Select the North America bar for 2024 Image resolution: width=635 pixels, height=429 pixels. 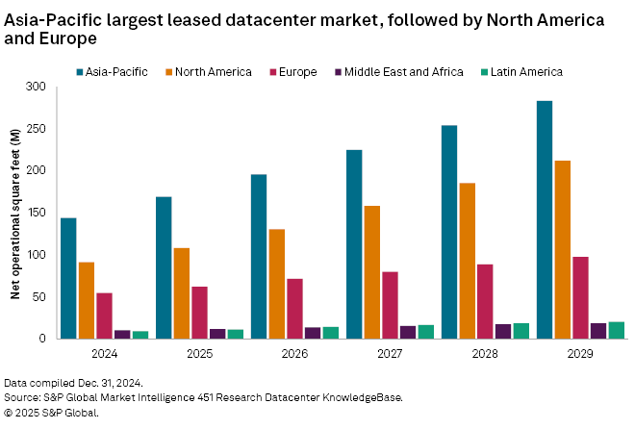87,300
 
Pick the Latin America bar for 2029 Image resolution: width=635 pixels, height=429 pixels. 617,330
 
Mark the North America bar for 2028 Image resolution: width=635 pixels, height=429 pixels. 468,261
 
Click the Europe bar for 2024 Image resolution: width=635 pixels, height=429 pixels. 104,315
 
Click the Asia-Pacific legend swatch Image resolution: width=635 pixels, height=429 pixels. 81,71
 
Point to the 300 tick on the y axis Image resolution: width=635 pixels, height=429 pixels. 37,87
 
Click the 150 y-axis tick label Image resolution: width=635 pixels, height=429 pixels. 37,213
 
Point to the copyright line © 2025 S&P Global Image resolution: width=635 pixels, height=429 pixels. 51,413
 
